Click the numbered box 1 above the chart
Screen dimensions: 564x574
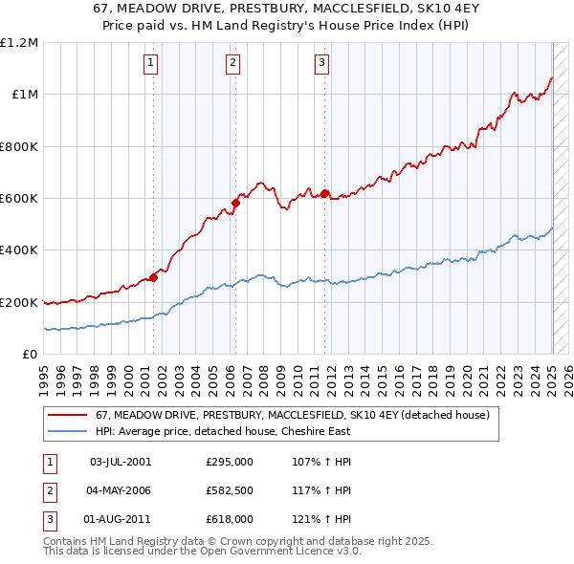152,64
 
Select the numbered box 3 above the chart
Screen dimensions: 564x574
321,64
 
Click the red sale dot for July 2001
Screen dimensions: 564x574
153,278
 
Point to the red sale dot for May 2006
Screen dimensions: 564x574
235,203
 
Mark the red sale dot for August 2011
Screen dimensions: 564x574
325,194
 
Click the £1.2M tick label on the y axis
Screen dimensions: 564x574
19,43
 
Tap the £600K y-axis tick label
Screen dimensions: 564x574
19,199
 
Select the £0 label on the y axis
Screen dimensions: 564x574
29,355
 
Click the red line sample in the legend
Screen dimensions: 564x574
65,415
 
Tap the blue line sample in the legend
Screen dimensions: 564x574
65,430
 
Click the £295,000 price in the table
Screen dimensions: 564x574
230,462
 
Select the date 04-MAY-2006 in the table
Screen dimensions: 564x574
120,490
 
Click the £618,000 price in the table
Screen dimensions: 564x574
230,519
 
